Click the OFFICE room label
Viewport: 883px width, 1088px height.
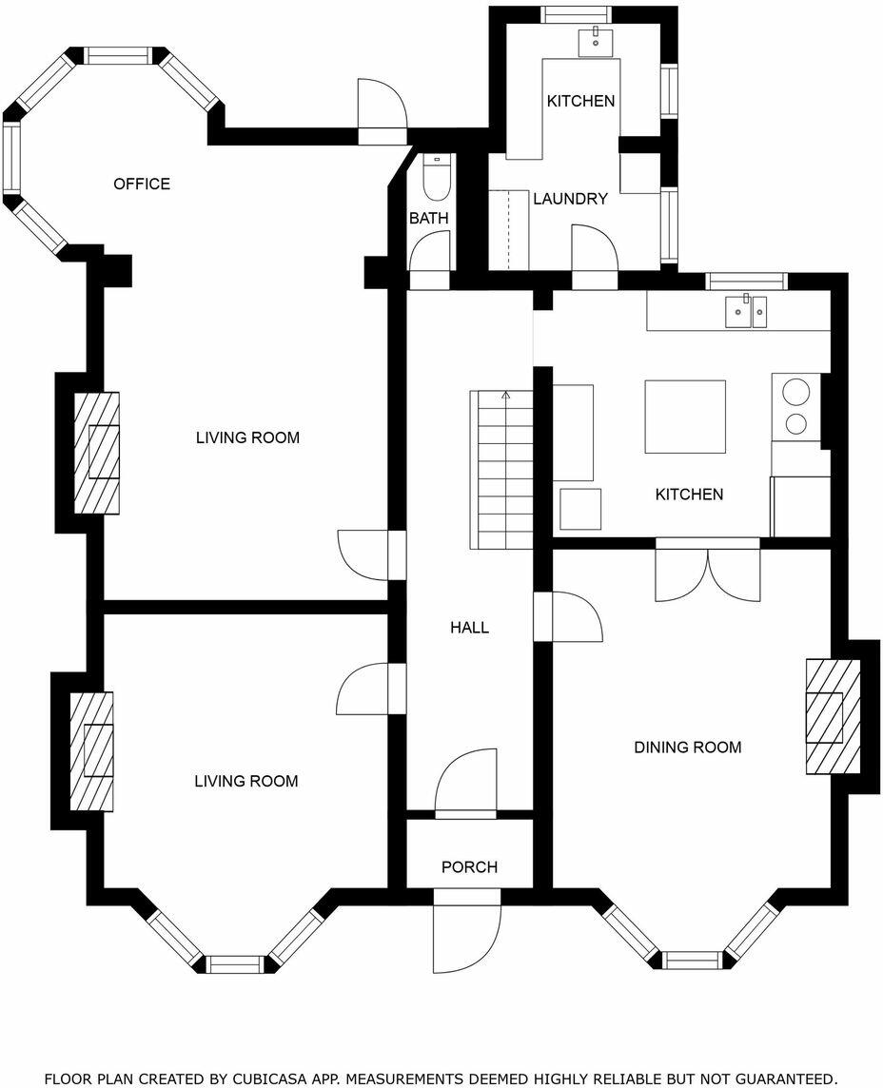pyautogui.click(x=142, y=184)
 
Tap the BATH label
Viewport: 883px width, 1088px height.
pyautogui.click(x=428, y=219)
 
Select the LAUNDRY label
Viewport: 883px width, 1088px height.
pyautogui.click(x=570, y=199)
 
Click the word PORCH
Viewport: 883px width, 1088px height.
pyautogui.click(x=469, y=867)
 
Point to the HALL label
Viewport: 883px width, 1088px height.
pyautogui.click(x=469, y=628)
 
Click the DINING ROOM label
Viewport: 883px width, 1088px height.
pyautogui.click(x=687, y=748)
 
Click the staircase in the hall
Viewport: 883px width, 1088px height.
pyautogui.click(x=501, y=470)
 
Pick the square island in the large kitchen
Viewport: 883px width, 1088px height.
pyautogui.click(x=685, y=417)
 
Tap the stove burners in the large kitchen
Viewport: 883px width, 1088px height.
pyautogui.click(x=795, y=407)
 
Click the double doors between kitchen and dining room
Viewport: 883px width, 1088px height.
pyautogui.click(x=708, y=572)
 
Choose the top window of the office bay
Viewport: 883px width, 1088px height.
pyautogui.click(x=119, y=55)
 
